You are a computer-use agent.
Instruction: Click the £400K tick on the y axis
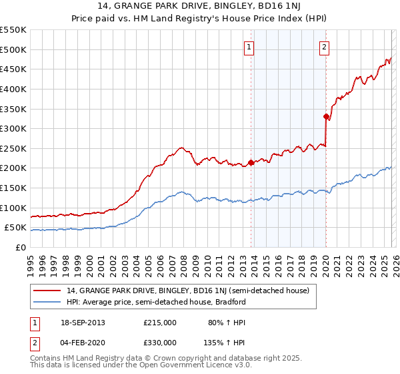pos(13,89)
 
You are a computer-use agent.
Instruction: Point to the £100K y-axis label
pos(13,208)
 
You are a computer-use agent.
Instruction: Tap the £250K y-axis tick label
pos(13,148)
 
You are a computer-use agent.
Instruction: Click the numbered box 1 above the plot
pos(249,47)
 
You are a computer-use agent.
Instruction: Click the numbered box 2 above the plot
pos(324,47)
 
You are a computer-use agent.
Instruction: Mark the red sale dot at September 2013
pos(251,162)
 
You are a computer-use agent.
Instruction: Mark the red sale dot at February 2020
pos(326,117)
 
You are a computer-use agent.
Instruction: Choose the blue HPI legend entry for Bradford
pos(156,302)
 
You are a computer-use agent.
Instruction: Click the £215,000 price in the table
pos(159,323)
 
